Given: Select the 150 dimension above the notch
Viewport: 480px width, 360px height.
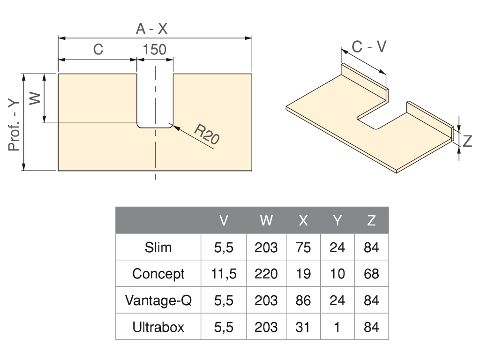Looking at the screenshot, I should pyautogui.click(x=155, y=49).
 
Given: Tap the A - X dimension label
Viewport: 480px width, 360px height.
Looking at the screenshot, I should pyautogui.click(x=151, y=29).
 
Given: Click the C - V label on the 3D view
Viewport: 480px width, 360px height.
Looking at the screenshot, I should pyautogui.click(x=369, y=46).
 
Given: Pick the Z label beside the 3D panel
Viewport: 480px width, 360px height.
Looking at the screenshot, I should pyautogui.click(x=467, y=141).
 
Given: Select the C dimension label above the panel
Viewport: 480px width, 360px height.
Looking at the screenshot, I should pyautogui.click(x=98, y=49).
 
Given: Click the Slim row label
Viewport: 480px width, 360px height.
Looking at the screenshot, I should pyautogui.click(x=158, y=247).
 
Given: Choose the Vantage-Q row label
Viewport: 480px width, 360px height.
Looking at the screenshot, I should pyautogui.click(x=158, y=300).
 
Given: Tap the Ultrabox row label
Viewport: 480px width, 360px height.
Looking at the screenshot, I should pyautogui.click(x=158, y=327).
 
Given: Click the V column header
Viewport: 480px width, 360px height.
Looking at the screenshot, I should pyautogui.click(x=224, y=220).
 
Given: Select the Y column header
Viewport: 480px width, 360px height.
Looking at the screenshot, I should pyautogui.click(x=337, y=220).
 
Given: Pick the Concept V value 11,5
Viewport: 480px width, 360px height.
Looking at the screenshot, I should pyautogui.click(x=224, y=274).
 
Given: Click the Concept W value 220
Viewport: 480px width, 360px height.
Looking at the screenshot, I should pyautogui.click(x=266, y=274).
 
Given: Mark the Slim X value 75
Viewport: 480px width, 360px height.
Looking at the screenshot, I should pyautogui.click(x=303, y=247).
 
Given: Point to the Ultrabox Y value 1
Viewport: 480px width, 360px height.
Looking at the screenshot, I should pyautogui.click(x=337, y=327).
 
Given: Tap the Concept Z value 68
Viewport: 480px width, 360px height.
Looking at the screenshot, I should pyautogui.click(x=371, y=274).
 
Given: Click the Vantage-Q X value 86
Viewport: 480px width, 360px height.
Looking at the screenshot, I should pyautogui.click(x=303, y=300).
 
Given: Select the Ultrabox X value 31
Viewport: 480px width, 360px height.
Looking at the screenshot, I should pyautogui.click(x=303, y=327).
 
